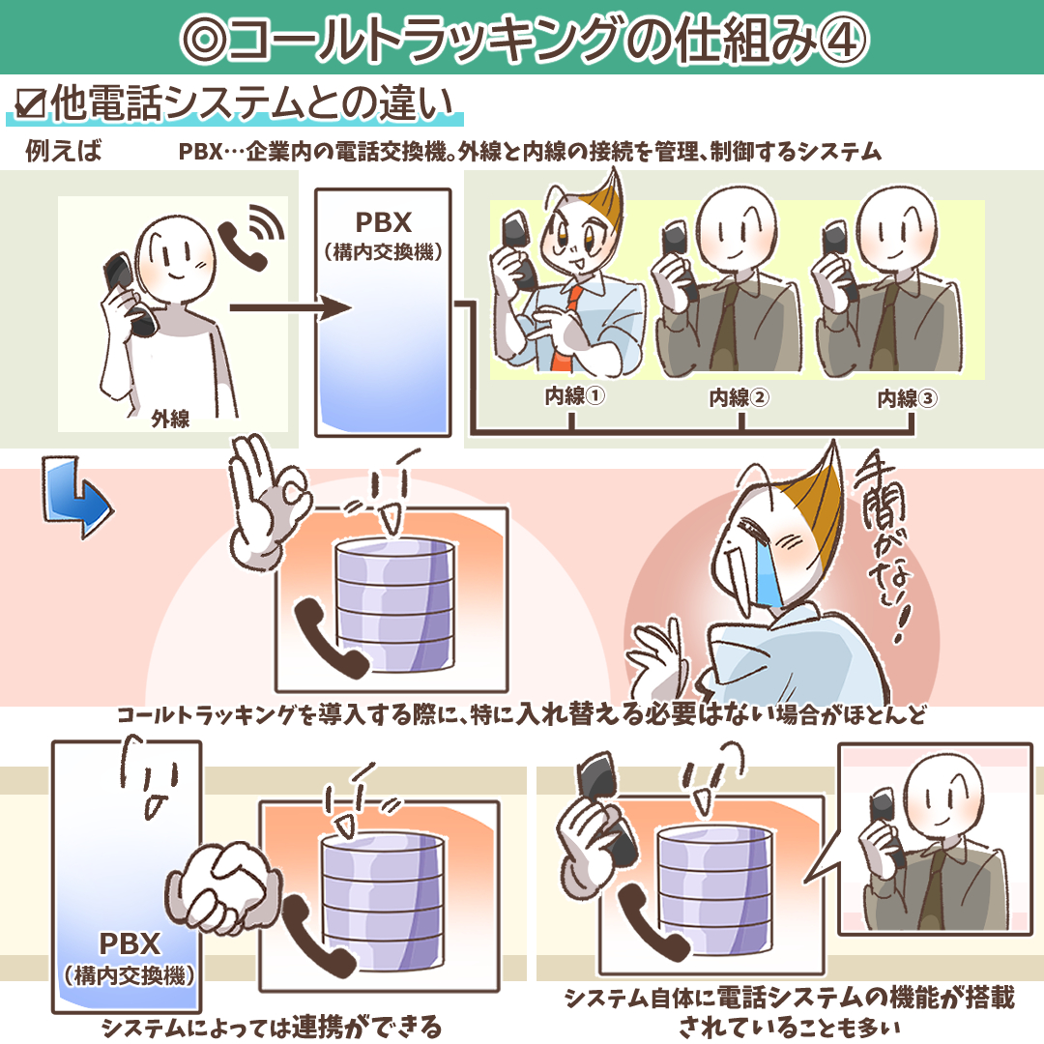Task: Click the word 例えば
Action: (x=63, y=151)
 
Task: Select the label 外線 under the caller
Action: (x=170, y=419)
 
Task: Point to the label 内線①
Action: (x=574, y=396)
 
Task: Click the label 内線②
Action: (x=739, y=397)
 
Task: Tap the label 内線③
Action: (x=907, y=398)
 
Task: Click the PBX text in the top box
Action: (x=384, y=222)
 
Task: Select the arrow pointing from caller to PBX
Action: (x=290, y=307)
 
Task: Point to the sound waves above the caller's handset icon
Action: (x=268, y=222)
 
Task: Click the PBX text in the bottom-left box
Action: (x=130, y=943)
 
